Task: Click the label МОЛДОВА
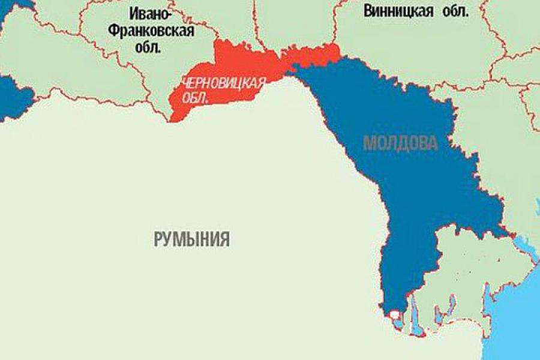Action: tap(401, 143)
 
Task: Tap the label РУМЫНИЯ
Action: tap(191, 239)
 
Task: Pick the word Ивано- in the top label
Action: tap(151, 12)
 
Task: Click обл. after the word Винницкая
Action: tap(454, 11)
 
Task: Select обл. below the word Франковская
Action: tap(151, 48)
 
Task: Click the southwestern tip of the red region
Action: tap(175, 116)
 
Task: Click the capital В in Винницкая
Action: tap(368, 11)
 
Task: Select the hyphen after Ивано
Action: tap(171, 13)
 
